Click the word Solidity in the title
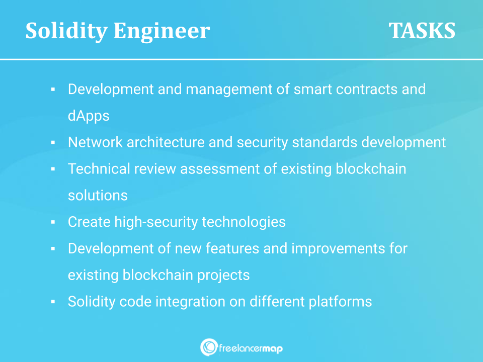pos(66,31)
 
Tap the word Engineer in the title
pos(162,31)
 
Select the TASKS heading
pos(422,31)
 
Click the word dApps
pos(89,116)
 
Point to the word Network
pos(95,142)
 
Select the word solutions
pos(98,196)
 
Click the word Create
pos(89,222)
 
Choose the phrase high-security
pos(156,222)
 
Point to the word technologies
pos(244,222)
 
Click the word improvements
pos(338,249)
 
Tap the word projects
pos(223,276)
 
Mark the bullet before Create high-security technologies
pos(53,222)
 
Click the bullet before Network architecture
pos(53,142)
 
